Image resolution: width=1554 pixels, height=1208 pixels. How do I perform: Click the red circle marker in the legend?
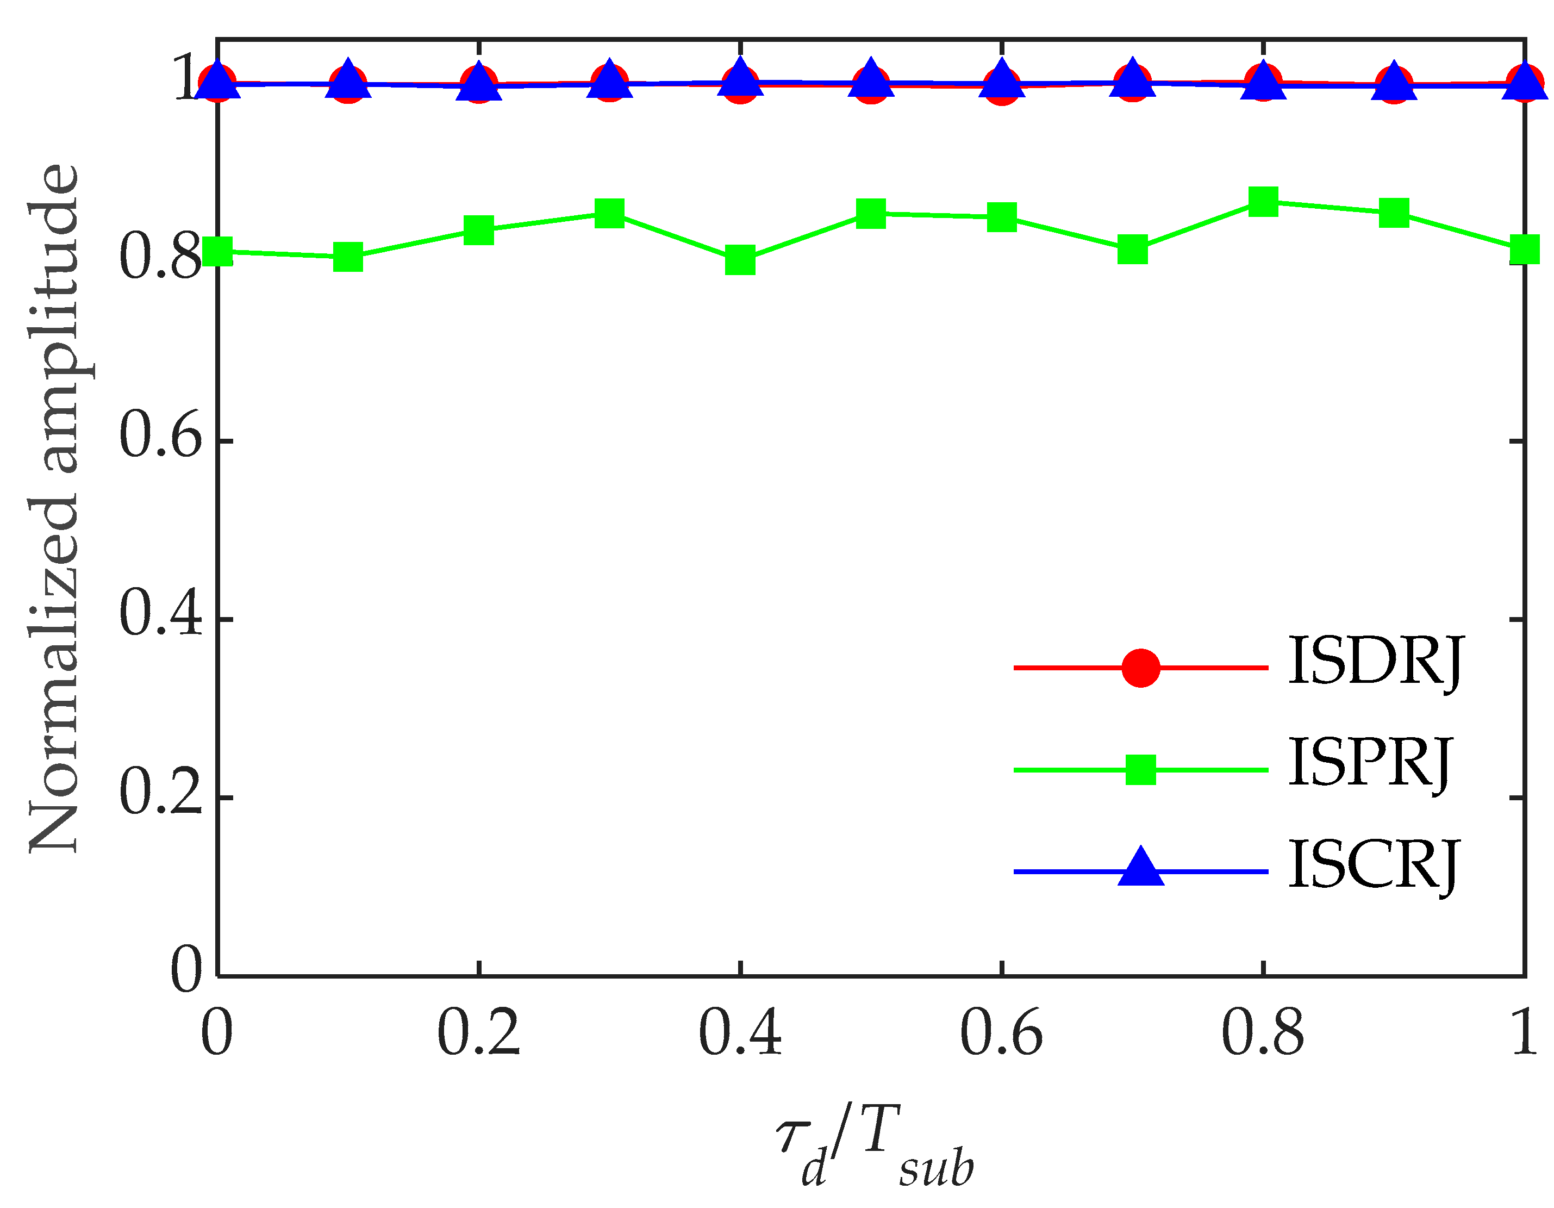click(x=1140, y=668)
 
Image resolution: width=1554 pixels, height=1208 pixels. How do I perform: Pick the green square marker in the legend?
click(x=1140, y=769)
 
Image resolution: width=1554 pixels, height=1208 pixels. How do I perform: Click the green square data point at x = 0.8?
click(x=1263, y=202)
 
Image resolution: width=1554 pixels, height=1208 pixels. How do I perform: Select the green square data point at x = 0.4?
click(x=740, y=260)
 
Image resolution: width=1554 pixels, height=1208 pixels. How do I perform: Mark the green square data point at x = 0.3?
click(x=609, y=213)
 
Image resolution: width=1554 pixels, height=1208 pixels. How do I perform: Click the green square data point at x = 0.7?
click(x=1132, y=250)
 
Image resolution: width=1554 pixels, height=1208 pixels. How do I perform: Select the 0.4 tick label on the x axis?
click(x=740, y=1033)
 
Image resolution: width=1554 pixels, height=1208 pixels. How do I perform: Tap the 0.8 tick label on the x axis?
click(x=1263, y=1033)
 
